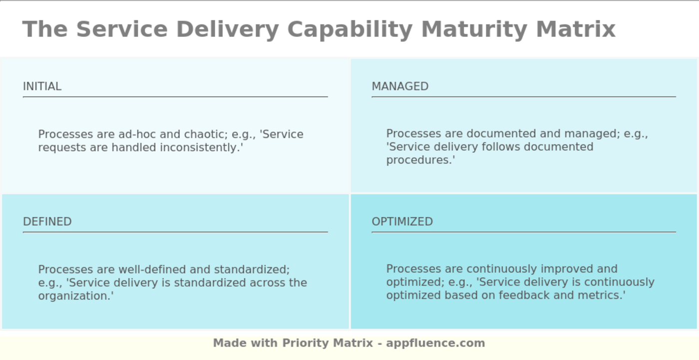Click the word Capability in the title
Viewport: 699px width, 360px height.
[x=349, y=29]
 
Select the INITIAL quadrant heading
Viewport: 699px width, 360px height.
[x=42, y=86]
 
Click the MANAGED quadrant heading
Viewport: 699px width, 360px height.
[x=400, y=86]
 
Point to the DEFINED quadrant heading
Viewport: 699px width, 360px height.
[x=47, y=222]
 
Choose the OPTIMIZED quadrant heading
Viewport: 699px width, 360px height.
[x=402, y=222]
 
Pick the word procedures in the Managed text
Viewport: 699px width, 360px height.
[x=420, y=160]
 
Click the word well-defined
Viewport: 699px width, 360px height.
[x=152, y=270]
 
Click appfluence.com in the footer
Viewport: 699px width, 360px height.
[x=435, y=343]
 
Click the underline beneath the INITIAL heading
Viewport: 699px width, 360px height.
[x=175, y=97]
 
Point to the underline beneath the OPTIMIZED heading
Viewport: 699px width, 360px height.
[x=524, y=232]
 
